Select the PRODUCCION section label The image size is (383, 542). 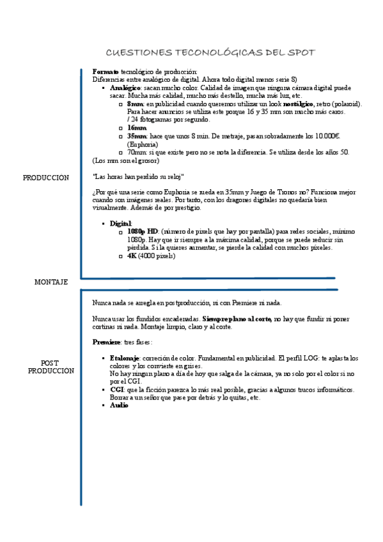point(45,178)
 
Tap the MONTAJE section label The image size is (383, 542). point(51,282)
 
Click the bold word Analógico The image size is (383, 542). point(125,88)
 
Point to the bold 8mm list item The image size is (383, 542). point(135,104)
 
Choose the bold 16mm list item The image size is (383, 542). point(137,128)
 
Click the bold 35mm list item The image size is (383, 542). point(137,136)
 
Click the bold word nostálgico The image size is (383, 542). point(298,104)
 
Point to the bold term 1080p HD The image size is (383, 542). point(143,231)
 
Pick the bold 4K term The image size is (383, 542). point(132,256)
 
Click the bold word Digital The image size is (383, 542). point(121,223)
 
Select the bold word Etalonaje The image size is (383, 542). point(125,359)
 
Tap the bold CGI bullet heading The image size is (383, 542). point(117,389)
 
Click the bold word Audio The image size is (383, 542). point(119,405)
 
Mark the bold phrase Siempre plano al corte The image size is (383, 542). point(237,318)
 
